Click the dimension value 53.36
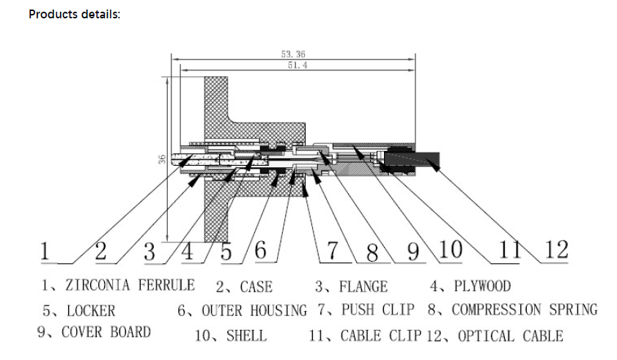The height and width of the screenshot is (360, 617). point(293,54)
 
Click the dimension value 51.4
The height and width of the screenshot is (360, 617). point(298,65)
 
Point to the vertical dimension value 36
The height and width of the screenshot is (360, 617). point(162,160)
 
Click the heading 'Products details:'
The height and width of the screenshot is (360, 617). point(74,14)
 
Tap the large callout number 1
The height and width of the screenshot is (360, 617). point(45,251)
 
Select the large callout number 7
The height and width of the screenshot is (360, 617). point(333,250)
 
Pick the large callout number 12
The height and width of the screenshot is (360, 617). point(556,249)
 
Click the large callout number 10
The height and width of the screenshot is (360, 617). point(450,249)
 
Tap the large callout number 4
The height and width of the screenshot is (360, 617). point(188,251)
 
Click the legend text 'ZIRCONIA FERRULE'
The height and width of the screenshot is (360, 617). point(130,284)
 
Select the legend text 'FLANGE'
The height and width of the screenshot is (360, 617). point(363,287)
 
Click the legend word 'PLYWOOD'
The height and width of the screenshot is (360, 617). point(482,286)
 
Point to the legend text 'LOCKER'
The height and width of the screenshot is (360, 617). point(91,311)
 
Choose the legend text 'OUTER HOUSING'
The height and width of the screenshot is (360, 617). point(254,310)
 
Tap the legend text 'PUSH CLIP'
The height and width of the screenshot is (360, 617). point(378,309)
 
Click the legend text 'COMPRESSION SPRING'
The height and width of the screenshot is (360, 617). point(525,309)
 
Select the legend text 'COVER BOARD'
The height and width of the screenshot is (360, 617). point(106,332)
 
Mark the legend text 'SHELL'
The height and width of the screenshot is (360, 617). point(246,336)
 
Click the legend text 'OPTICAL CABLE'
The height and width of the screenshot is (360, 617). point(510,336)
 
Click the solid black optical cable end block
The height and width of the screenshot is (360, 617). point(412,160)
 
